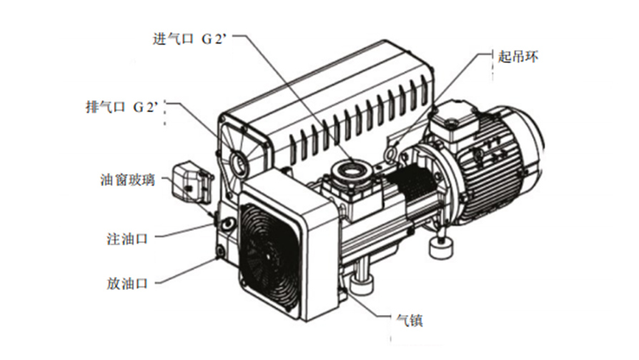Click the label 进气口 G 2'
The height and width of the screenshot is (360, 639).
[x=189, y=39]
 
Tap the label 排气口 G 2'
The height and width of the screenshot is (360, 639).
[x=122, y=107]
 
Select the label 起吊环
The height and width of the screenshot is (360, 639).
[x=517, y=56]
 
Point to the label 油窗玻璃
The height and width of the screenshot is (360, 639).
[x=127, y=179]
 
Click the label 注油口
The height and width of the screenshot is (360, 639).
[x=127, y=239]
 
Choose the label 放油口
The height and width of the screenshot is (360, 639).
[x=127, y=284]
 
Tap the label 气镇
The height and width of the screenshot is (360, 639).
[x=410, y=320]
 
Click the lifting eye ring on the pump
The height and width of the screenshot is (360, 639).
[x=390, y=152]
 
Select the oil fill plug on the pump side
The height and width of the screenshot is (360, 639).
[x=227, y=223]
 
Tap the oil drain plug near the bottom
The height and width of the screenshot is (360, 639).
[x=220, y=251]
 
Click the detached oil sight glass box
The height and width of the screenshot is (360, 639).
[x=191, y=183]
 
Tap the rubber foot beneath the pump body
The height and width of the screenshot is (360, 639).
[x=361, y=283]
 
